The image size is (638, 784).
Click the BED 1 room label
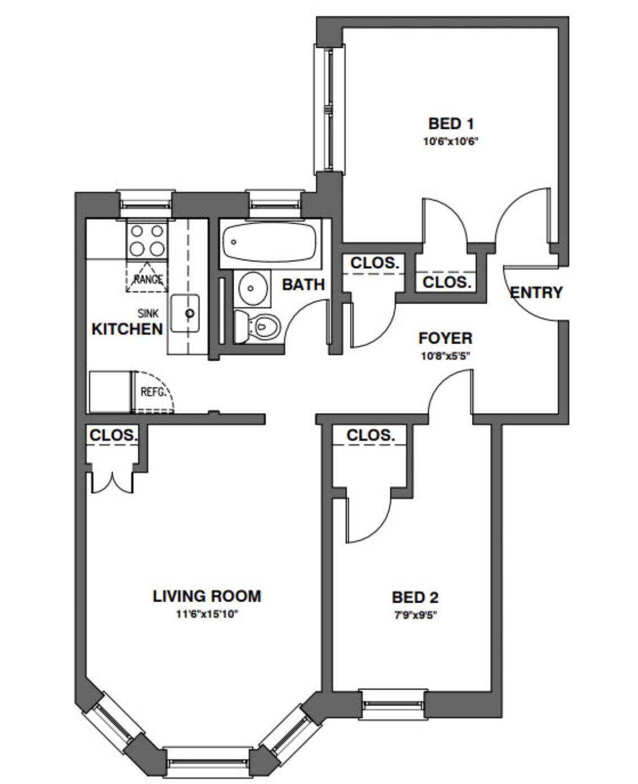pos(451,123)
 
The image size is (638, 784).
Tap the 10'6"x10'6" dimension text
pos(451,141)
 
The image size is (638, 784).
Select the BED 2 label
pos(415,597)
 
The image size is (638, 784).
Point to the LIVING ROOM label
pos(207,596)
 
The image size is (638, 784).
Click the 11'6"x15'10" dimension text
pos(207,614)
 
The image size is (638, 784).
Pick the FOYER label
pos(445,338)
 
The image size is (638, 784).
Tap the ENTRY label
pos(536,292)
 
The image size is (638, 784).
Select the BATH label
pos(303,284)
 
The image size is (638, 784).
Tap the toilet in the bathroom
pos(259,326)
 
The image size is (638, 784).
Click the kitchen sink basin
pos(186,313)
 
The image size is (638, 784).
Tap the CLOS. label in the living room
pos(113,435)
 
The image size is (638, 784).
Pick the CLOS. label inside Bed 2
pos(370,435)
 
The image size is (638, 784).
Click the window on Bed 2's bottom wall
pos(393,704)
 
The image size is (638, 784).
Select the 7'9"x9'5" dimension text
pos(415,615)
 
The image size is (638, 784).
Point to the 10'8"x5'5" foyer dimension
pos(445,356)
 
